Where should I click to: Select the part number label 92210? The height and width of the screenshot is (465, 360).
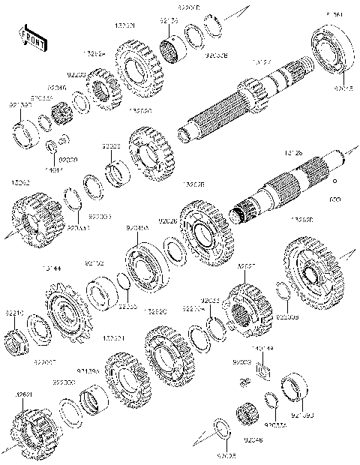(16, 313)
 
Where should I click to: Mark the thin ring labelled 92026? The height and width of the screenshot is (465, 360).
(175, 250)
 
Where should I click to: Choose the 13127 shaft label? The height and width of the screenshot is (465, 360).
(262, 62)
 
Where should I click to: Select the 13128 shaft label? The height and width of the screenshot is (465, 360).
(293, 152)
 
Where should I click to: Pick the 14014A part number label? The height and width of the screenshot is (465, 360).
(264, 349)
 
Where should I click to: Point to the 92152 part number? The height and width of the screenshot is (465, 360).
(94, 263)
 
